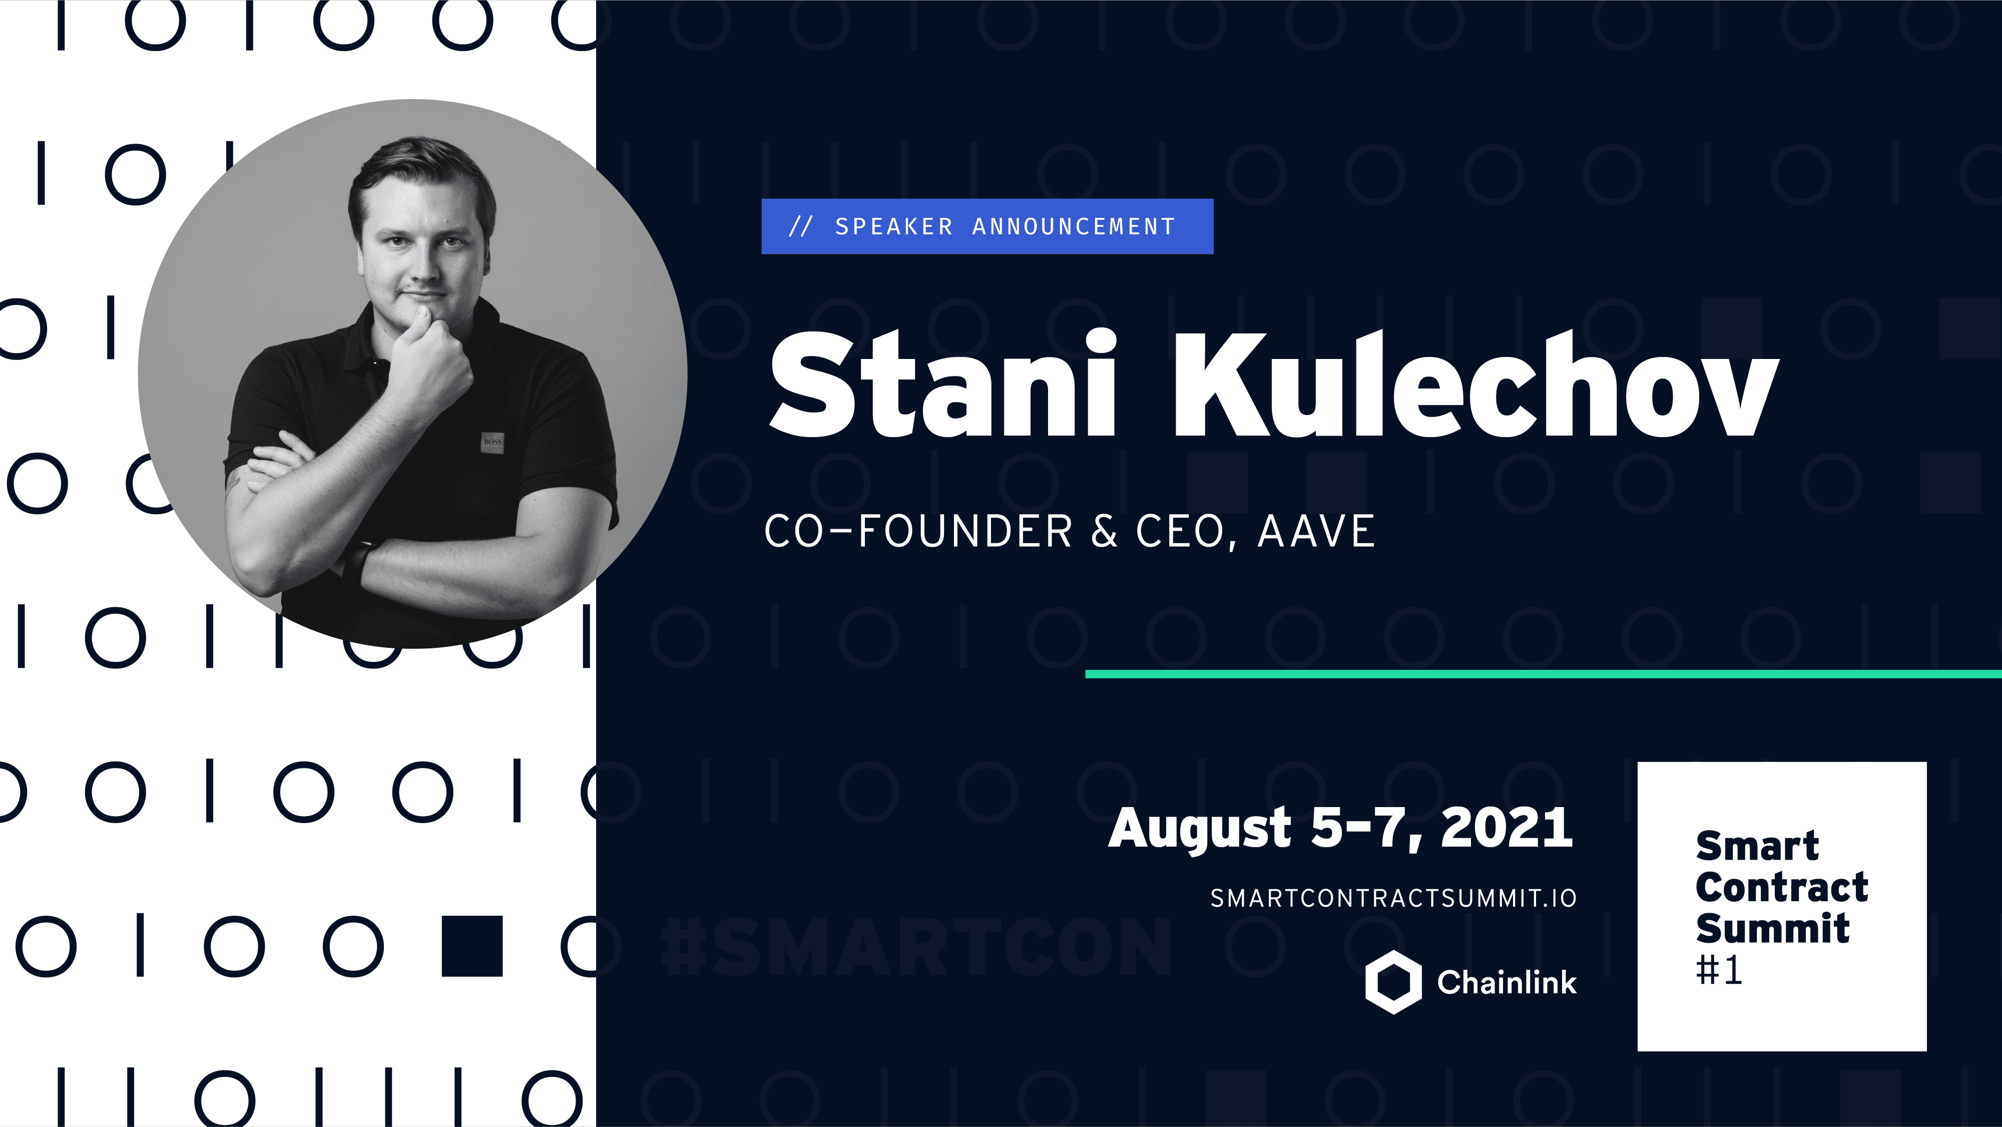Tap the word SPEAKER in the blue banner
click(894, 226)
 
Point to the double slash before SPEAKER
click(800, 226)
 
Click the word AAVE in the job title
click(1316, 532)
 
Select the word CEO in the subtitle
click(1181, 532)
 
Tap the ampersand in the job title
click(1104, 532)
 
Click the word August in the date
click(1199, 829)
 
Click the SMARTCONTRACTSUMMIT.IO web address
click(1393, 899)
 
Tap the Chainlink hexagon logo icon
click(1393, 982)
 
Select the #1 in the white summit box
click(1719, 970)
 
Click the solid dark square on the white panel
click(472, 946)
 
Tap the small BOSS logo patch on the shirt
click(492, 442)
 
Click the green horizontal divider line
click(1543, 674)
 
